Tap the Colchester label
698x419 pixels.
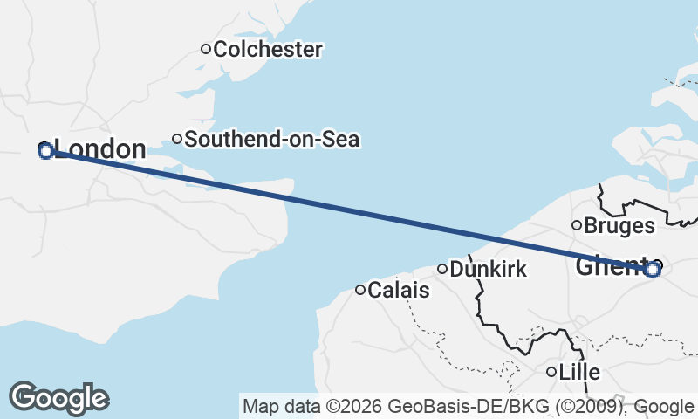[x=267, y=50]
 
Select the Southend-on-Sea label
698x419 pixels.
[x=272, y=139]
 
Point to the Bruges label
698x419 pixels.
[x=619, y=226]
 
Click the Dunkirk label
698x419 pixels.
[x=489, y=269]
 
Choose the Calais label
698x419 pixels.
[x=399, y=290]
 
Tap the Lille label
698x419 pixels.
[x=579, y=372]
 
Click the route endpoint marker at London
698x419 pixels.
[x=46, y=151]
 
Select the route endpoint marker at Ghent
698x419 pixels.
[x=653, y=270]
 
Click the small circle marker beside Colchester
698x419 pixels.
[x=206, y=49]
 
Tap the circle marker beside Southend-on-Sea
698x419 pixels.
[x=176, y=138]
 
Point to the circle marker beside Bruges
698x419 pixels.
[x=576, y=225]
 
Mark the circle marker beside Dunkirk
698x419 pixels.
[x=442, y=269]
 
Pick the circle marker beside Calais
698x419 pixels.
[x=359, y=290]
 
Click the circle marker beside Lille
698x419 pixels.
[x=551, y=372]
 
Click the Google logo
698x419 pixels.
[x=59, y=398]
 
